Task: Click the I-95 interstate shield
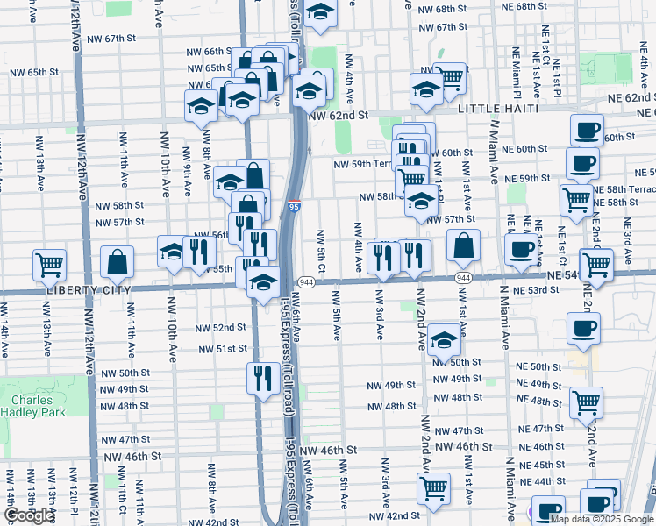[x=293, y=208]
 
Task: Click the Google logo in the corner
[x=29, y=515]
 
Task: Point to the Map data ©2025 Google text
[x=601, y=519]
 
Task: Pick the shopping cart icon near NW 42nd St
[x=433, y=488]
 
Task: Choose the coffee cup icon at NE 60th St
[x=588, y=130]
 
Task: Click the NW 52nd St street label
[x=220, y=327]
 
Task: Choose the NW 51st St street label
[x=220, y=348]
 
